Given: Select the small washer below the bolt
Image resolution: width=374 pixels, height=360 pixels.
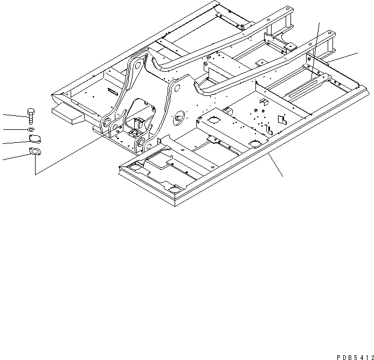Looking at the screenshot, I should click(x=31, y=130).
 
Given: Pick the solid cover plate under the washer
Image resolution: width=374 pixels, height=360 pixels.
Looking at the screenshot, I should click(x=33, y=141).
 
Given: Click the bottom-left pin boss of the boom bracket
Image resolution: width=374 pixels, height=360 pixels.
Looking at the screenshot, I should click(x=107, y=123).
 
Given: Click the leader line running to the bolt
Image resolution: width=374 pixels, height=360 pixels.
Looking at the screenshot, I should click(x=13, y=114).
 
